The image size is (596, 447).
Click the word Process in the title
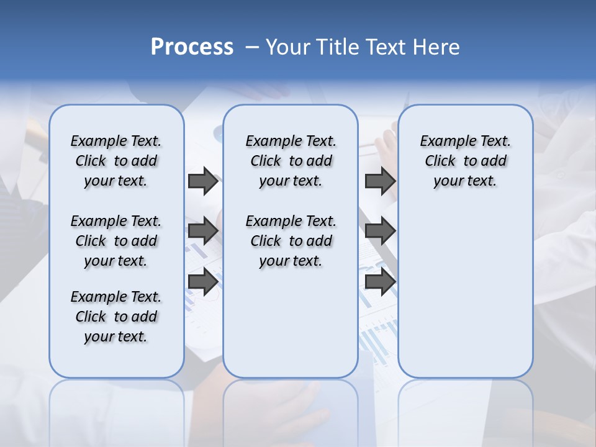pos(192,47)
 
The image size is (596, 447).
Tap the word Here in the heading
pos(437,47)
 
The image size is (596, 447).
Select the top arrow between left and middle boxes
pos(203,181)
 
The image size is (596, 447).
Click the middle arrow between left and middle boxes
pos(203,232)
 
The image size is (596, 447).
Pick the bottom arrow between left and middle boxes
pos(203,282)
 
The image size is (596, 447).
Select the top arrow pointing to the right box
pos(380,181)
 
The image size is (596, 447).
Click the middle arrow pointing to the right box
pos(380,232)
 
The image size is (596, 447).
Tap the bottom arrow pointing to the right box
pos(380,282)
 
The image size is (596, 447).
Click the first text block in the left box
pos(116,161)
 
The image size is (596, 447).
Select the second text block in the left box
pos(116,241)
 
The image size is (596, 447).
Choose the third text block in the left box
pos(116,317)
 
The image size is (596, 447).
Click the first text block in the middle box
pos(291,161)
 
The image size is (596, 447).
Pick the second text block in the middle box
pos(291,241)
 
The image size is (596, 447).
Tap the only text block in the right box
pos(465,161)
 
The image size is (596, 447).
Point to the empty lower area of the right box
pos(465,292)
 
